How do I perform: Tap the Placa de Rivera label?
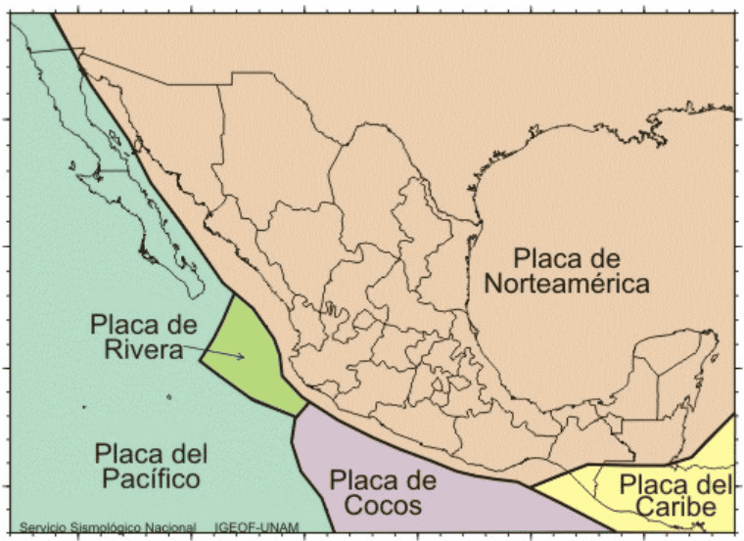pyautogui.click(x=143, y=336)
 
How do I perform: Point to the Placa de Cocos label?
pyautogui.click(x=381, y=492)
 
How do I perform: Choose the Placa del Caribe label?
pyautogui.click(x=676, y=496)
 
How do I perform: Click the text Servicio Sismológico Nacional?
pyautogui.click(x=108, y=528)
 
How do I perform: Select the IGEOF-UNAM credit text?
pyautogui.click(x=257, y=528)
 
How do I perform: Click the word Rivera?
pyautogui.click(x=143, y=349)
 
